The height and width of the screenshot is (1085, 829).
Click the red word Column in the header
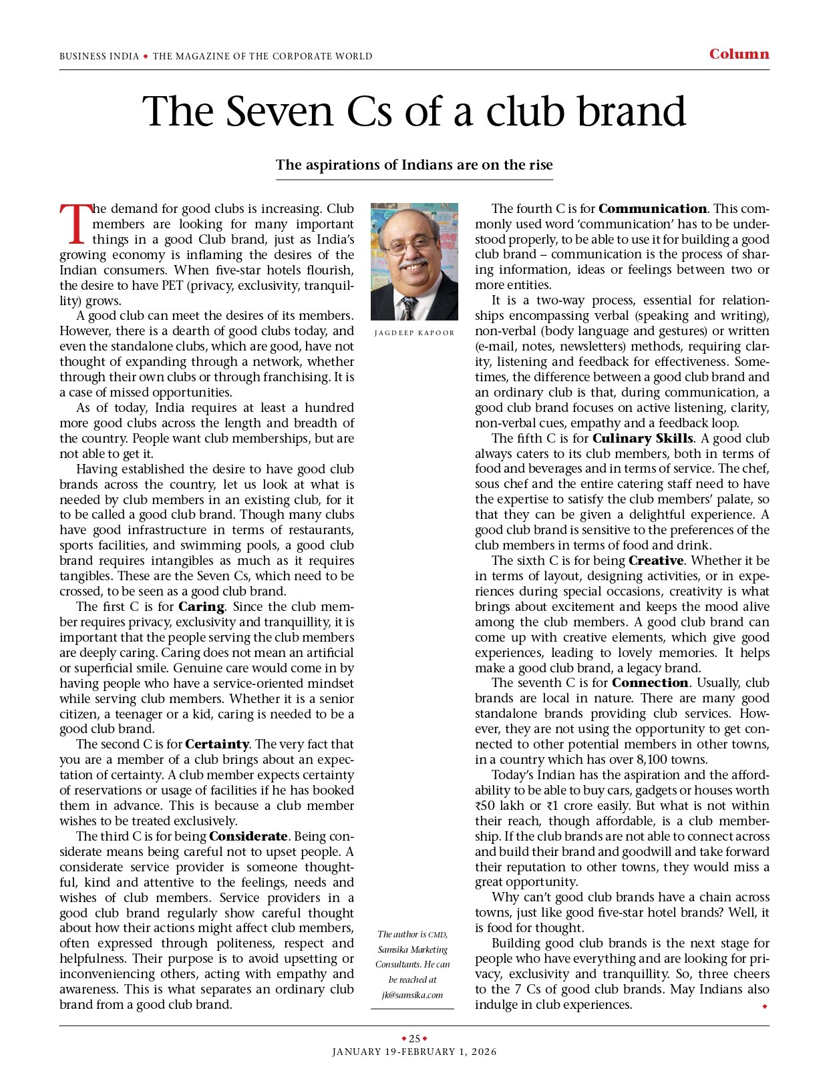point(739,54)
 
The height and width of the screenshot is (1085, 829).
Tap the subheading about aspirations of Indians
point(414,165)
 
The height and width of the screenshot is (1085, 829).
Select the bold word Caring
point(201,607)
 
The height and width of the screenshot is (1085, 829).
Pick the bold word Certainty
point(217,744)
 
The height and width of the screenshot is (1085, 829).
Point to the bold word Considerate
point(248,837)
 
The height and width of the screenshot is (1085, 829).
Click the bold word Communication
point(653,209)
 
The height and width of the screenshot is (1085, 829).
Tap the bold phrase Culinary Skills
point(643,439)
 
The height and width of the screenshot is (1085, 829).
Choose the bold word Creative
point(656,561)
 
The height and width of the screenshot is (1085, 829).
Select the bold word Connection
point(650,683)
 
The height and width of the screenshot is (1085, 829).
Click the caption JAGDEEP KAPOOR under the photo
point(414,333)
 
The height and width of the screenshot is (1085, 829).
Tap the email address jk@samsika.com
point(412,995)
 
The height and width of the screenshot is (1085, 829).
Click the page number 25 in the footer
point(414,1038)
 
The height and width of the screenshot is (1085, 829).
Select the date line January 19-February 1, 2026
point(414,1052)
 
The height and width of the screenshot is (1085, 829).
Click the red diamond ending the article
point(765,1006)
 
